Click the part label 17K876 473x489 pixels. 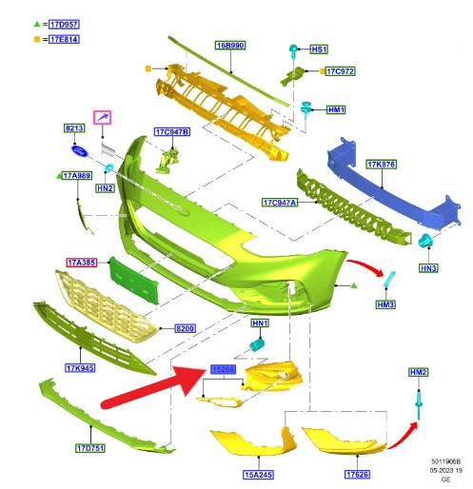382,165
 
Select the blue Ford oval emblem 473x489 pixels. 80,151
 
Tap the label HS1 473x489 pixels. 319,49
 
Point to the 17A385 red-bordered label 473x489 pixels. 82,263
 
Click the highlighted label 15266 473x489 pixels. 224,369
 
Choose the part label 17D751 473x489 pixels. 90,448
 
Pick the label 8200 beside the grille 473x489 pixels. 185,328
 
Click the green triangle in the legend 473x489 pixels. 37,24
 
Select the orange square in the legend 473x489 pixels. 37,39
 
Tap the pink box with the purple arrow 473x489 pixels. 102,118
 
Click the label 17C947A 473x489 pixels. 280,203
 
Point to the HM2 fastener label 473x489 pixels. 419,372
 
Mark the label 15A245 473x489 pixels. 259,475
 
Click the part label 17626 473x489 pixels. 357,474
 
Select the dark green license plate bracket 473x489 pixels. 134,281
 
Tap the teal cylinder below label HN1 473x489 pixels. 257,344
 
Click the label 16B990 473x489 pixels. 230,46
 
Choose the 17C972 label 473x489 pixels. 340,71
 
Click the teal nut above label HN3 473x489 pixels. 424,241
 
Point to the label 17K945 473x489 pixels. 80,368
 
